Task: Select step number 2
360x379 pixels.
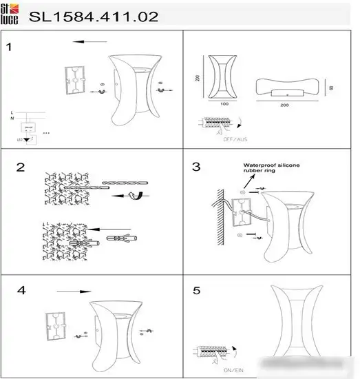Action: (20, 167)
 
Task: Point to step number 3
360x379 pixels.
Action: (196, 167)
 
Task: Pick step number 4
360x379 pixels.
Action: (21, 290)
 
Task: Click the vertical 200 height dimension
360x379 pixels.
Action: (198, 77)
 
